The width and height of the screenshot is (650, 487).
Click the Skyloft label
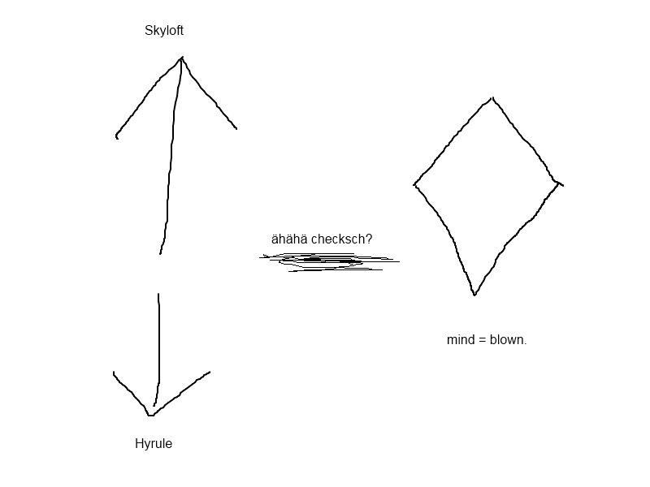[x=164, y=31]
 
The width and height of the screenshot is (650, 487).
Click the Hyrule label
[x=154, y=443]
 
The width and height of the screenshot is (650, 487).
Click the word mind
[x=461, y=339]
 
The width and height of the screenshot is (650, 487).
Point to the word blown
[x=509, y=339]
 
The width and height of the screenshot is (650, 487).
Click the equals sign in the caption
[x=482, y=340]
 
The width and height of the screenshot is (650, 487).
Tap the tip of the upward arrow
[x=182, y=58]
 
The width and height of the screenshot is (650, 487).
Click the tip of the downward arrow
[x=151, y=415]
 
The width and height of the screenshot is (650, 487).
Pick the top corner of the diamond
[x=492, y=98]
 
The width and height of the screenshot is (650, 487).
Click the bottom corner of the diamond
[x=474, y=295]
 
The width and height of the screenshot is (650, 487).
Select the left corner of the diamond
[x=414, y=185]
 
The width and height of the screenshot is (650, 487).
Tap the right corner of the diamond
[x=560, y=183]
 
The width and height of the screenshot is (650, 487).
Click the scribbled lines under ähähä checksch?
[x=330, y=261]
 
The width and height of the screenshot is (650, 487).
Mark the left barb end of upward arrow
[x=116, y=136]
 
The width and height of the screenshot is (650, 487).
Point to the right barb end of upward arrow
[x=236, y=129]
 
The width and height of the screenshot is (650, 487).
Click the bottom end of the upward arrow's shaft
[x=160, y=254]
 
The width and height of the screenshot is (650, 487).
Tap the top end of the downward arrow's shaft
[x=158, y=294]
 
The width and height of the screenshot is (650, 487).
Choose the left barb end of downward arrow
[x=114, y=373]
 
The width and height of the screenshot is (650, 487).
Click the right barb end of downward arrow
[x=210, y=372]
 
